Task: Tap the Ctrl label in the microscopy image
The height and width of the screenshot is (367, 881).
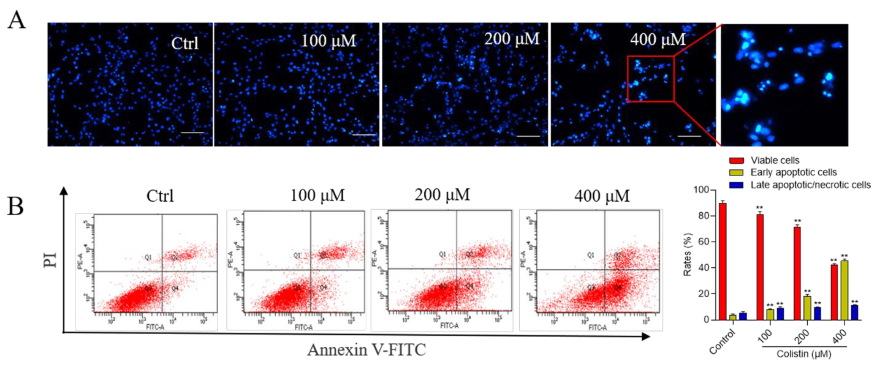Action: (x=185, y=43)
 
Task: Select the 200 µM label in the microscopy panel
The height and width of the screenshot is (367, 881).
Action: (x=511, y=39)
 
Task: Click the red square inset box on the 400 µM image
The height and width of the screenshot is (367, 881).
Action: (x=651, y=79)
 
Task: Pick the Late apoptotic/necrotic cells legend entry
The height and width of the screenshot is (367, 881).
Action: (x=810, y=185)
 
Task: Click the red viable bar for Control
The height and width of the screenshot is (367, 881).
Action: (x=723, y=261)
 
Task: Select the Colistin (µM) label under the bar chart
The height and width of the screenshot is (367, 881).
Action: (x=804, y=354)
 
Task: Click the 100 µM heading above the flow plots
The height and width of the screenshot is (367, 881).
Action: (x=317, y=195)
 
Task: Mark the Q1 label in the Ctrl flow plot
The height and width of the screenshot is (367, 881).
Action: (x=148, y=257)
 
